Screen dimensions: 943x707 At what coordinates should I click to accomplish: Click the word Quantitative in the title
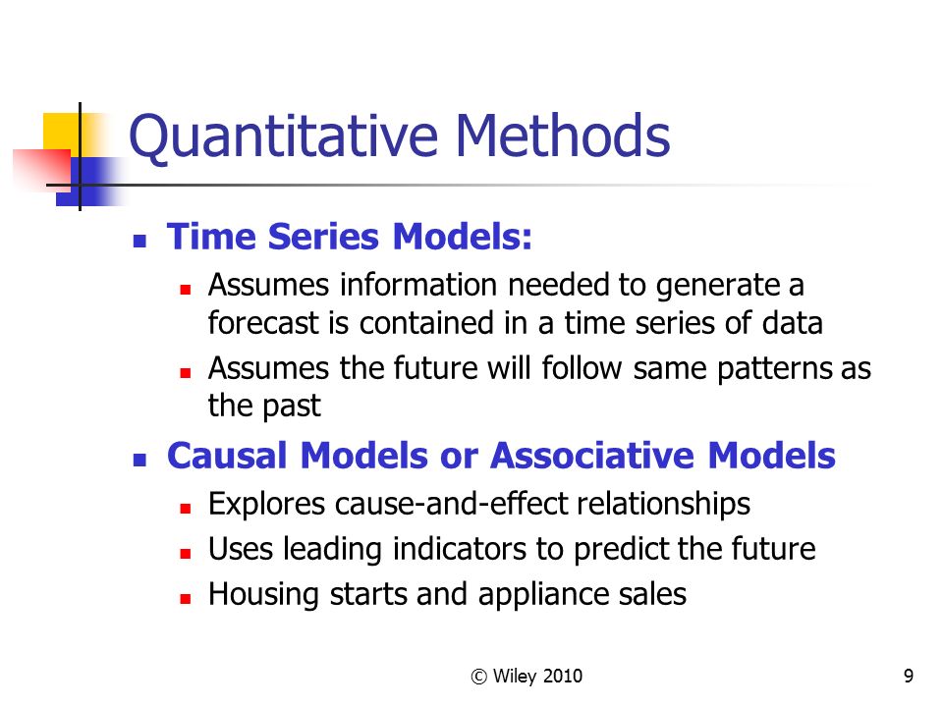coord(283,137)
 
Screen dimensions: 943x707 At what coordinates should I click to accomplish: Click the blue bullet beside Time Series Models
coord(139,242)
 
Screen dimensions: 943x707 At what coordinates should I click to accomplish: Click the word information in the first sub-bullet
coord(418,285)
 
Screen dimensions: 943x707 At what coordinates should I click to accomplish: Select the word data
coord(792,323)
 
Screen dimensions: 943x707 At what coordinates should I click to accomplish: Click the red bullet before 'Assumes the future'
coord(186,373)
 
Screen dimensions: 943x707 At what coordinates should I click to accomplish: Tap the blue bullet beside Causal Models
coord(139,461)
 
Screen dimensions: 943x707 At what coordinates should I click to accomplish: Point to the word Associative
coord(592,455)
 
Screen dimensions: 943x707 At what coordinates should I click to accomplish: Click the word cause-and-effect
coord(451,503)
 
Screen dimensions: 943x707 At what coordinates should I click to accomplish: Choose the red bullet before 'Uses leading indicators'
coord(186,553)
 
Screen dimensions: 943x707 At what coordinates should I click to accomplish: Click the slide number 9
coord(908,676)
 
